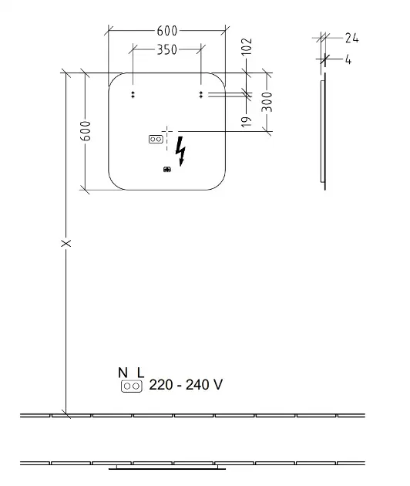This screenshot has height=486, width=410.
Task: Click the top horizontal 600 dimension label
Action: (167, 31)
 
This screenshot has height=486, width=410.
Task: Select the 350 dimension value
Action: (167, 49)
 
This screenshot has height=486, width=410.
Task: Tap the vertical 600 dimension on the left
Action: (86, 131)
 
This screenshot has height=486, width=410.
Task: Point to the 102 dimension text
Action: (247, 47)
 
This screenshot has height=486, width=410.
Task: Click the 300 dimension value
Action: (267, 102)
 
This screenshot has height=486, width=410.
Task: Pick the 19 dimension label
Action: (247, 122)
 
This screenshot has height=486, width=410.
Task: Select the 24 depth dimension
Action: (351, 39)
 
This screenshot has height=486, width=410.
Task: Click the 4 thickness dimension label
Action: (348, 60)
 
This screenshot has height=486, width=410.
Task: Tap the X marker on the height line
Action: (66, 243)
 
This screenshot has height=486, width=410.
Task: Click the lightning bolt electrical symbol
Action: (180, 151)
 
